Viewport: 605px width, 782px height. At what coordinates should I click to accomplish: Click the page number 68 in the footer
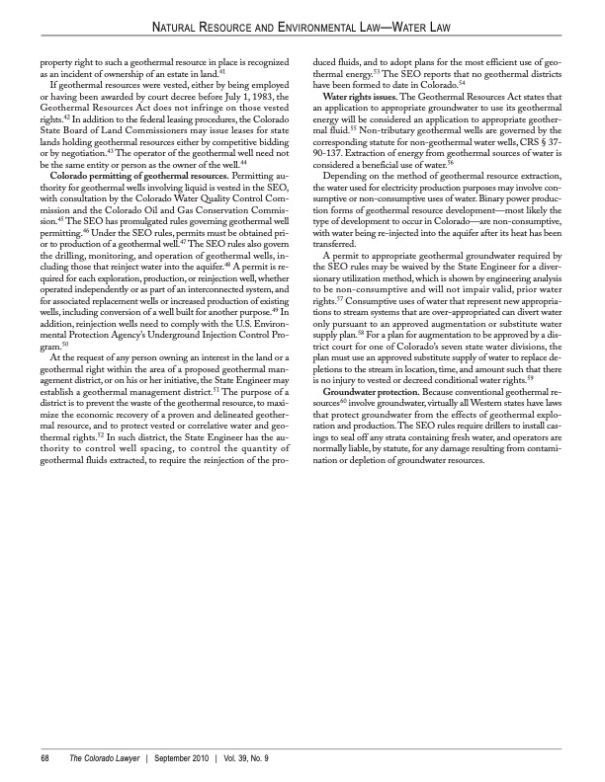pyautogui.click(x=44, y=757)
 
